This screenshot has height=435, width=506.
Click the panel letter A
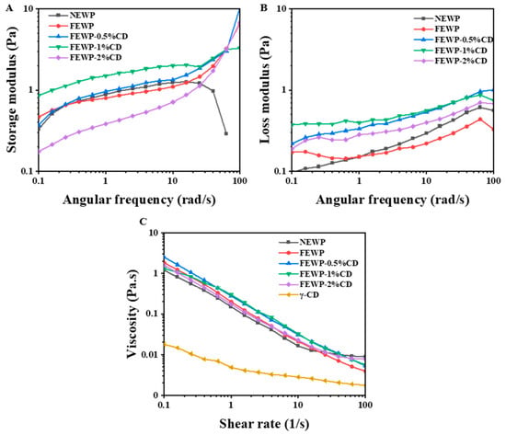pos(10,8)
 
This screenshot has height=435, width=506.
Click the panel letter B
pos(264,7)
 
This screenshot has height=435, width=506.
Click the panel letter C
pos(144,222)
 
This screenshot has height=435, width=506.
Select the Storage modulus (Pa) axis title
pos(12,90)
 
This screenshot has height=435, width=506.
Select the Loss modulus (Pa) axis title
pos(265,90)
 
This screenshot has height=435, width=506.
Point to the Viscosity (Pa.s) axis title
pos(132,314)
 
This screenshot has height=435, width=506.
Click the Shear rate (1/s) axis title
pos(264,423)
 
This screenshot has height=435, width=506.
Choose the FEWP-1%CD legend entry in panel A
pos(86,47)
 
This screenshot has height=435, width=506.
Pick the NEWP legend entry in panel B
pos(437,18)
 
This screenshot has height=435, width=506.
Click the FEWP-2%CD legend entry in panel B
pos(451,61)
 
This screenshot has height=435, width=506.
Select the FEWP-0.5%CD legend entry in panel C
pos(319,263)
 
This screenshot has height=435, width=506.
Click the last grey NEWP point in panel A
pos(226,133)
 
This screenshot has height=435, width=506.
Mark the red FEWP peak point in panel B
pos(480,119)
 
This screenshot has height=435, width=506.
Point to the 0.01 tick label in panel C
pos(151,355)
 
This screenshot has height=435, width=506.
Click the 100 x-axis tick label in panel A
pos(239,180)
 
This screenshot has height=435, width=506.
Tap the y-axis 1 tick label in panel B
pos(284,90)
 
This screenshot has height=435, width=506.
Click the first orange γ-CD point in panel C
pos(165,344)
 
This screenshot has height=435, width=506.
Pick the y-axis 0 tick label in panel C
pos(157,395)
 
